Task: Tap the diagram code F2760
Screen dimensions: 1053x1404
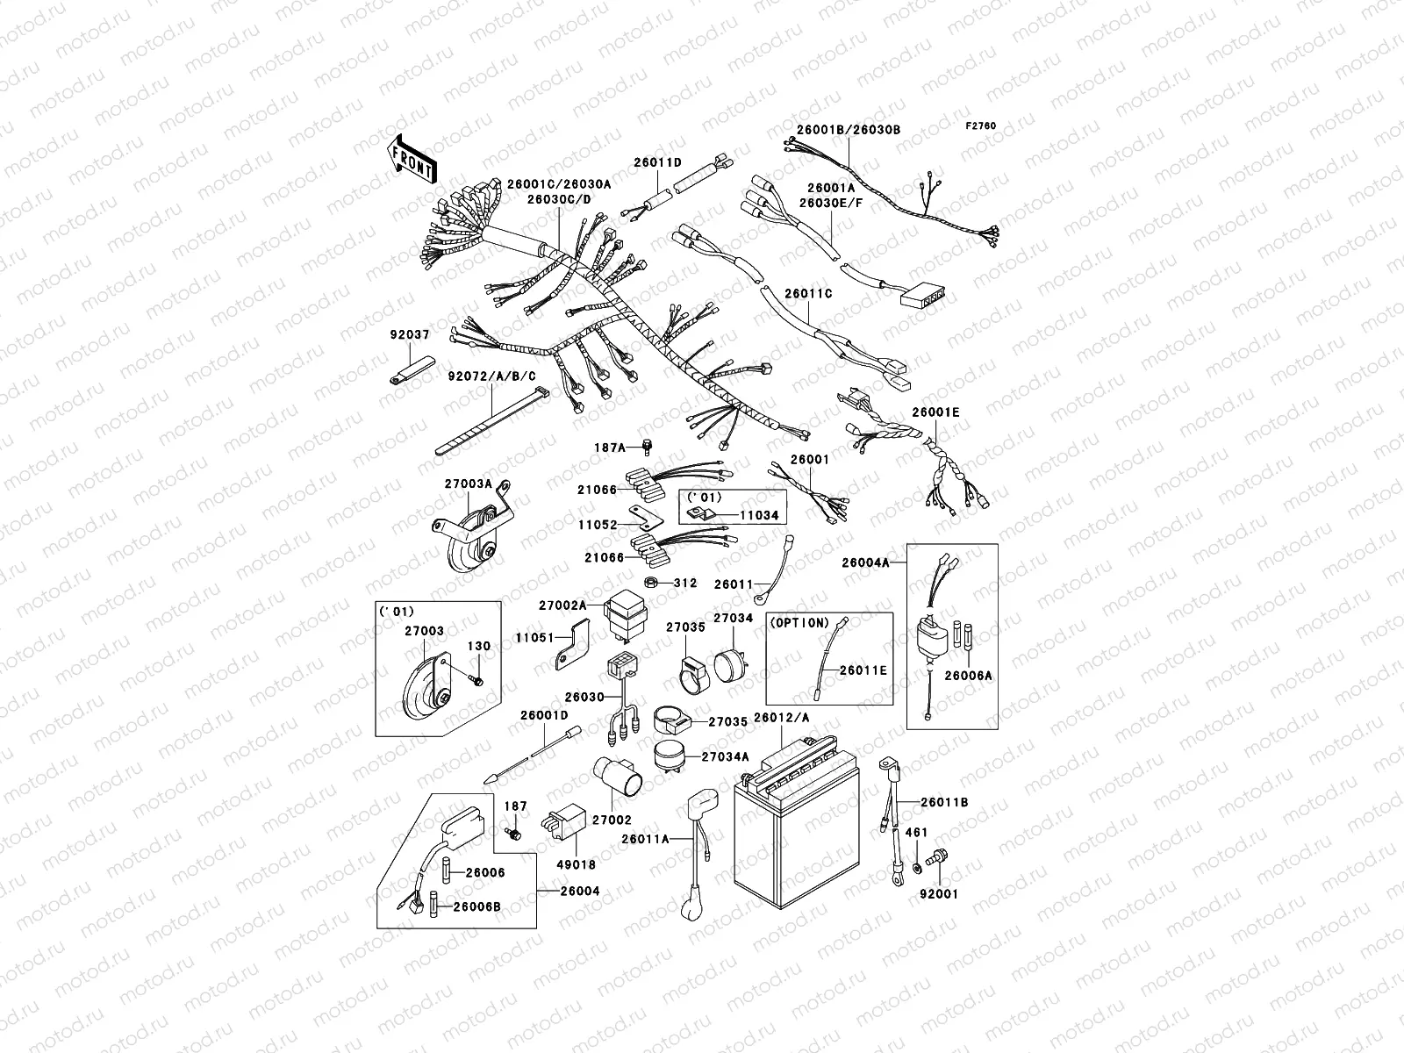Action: pos(982,126)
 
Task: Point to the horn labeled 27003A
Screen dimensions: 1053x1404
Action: pos(469,542)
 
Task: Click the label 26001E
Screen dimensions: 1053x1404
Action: pos(935,412)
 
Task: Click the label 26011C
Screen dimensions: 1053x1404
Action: pos(808,294)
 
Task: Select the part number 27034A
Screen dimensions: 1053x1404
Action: pos(729,756)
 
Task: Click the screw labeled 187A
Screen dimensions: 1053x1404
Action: pos(648,447)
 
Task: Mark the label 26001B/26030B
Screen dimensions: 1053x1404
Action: pos(848,130)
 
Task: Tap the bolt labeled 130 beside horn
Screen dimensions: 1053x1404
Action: pos(476,679)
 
